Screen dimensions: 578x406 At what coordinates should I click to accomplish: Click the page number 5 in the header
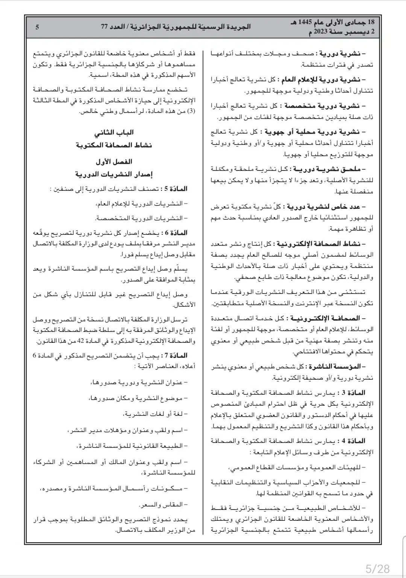pos(36,27)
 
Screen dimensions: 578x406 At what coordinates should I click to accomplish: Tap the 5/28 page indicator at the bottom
pos(378,567)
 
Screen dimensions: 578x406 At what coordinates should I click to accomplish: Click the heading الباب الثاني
pos(119,132)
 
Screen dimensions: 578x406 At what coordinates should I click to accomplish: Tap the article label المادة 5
pos(176,189)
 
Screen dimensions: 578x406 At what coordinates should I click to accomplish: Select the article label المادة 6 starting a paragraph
pos(176,233)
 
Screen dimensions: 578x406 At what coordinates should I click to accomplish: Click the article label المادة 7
pos(176,355)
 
